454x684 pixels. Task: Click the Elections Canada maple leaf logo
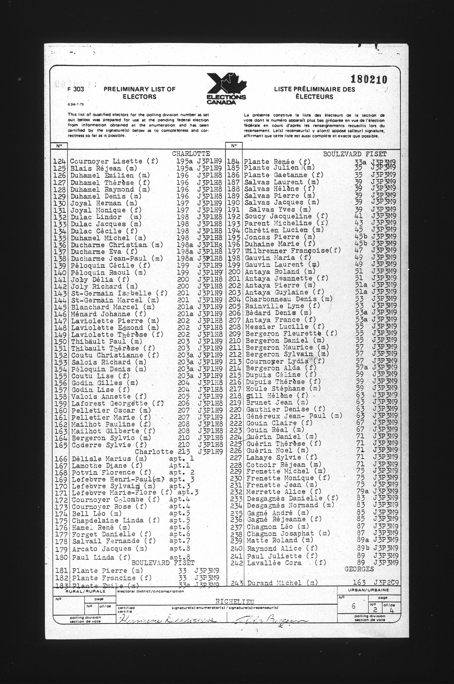coord(227,88)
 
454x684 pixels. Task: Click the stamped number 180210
coord(369,79)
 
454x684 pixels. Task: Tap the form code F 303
coord(76,89)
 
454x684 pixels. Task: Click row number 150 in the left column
coord(60,342)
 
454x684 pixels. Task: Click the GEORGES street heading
coord(359,569)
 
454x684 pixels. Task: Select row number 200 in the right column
coord(234,272)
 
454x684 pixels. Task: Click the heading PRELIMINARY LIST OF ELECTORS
coord(140,93)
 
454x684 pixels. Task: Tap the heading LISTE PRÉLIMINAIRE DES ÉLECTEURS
coord(314,93)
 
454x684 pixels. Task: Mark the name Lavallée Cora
coord(274,563)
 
